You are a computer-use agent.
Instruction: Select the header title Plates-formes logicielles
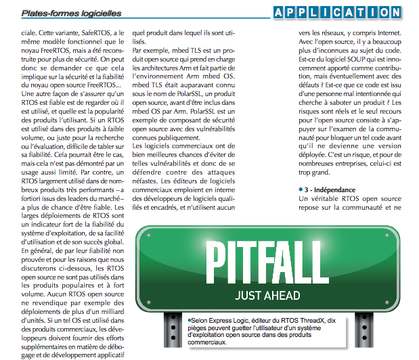72,12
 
